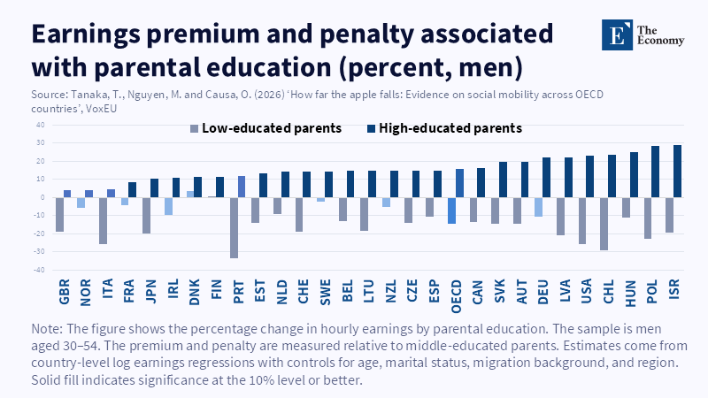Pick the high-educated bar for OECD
(459, 183)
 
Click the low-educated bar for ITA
(104, 220)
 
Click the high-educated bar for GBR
(67, 194)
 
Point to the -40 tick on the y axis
(40, 271)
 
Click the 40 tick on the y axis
(42, 125)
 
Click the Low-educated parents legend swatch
(194, 129)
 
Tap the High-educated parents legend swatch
(371, 129)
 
